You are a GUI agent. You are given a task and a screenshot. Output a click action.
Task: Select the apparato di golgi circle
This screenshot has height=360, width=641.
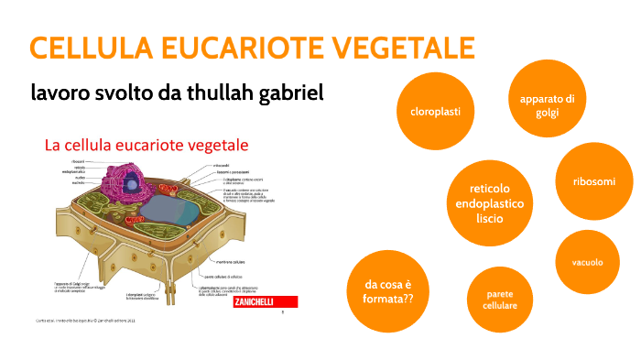click(x=547, y=105)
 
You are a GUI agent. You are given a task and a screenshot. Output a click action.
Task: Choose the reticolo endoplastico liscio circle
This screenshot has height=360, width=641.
click(x=490, y=202)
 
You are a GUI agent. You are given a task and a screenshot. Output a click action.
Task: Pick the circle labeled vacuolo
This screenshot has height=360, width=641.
click(x=587, y=262)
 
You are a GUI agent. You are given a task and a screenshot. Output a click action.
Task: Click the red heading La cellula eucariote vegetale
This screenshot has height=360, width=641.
click(x=147, y=146)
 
